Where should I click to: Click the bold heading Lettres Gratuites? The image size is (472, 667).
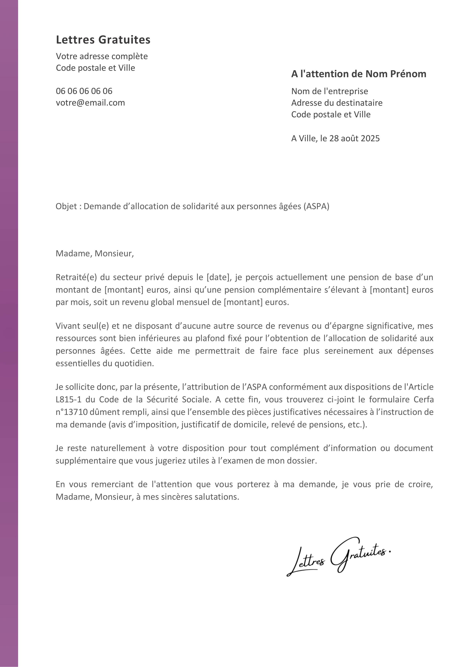(103, 40)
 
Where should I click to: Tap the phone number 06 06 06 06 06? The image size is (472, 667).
(84, 91)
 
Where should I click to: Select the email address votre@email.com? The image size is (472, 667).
(90, 102)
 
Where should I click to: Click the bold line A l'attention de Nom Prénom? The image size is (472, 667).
(358, 74)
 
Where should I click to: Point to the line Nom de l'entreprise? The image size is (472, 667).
(329, 91)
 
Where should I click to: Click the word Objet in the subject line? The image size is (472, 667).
(66, 206)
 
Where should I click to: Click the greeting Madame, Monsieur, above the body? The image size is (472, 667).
(95, 254)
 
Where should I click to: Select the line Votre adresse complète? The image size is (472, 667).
(102, 56)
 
